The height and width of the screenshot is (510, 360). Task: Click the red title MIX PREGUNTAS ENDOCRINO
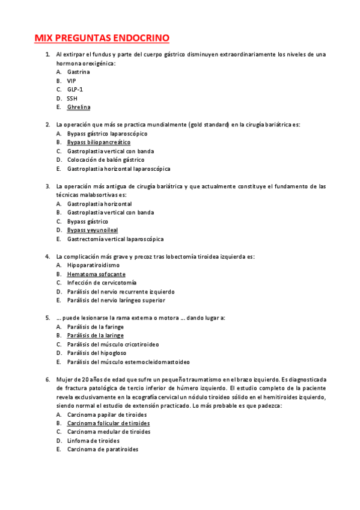(102, 38)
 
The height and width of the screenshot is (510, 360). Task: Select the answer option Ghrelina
(79, 107)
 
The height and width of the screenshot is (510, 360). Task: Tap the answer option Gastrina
(78, 72)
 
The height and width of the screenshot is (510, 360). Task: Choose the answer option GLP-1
(75, 89)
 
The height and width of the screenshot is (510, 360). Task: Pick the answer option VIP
(72, 81)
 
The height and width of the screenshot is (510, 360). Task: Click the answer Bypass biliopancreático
(99, 143)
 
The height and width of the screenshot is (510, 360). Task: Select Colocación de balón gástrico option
(106, 160)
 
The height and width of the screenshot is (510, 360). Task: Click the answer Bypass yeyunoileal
(93, 230)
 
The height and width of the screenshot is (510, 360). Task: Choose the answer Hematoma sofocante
(96, 274)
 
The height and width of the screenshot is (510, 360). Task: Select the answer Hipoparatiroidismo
(93, 265)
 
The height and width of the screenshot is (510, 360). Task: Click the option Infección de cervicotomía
(102, 283)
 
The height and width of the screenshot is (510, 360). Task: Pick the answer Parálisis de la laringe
(96, 336)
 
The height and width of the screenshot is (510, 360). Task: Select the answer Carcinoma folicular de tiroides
(109, 423)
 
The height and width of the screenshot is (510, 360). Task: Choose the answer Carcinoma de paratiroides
(103, 449)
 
